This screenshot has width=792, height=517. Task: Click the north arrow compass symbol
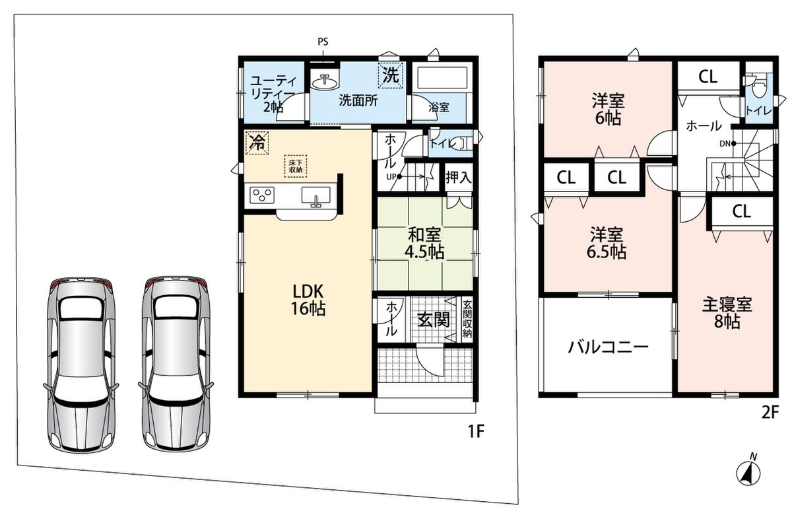(x=748, y=474)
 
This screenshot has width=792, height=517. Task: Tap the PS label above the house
(x=323, y=42)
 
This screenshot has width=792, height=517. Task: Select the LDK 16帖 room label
(x=308, y=300)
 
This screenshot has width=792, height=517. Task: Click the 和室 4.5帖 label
(x=424, y=243)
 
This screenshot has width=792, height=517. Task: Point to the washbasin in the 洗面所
(x=325, y=82)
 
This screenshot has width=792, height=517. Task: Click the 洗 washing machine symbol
(x=391, y=75)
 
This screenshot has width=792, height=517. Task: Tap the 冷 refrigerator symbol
(x=257, y=143)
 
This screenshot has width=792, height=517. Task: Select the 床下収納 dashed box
(x=296, y=166)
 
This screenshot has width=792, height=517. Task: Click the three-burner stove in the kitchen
(x=262, y=195)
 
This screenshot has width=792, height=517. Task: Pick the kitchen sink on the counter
(x=315, y=195)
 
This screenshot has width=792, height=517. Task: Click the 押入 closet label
(x=459, y=178)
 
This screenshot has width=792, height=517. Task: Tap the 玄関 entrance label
(x=434, y=320)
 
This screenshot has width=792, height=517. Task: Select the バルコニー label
(x=608, y=347)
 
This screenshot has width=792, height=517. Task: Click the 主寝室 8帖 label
(x=727, y=313)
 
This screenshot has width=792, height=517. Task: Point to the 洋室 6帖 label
(x=608, y=109)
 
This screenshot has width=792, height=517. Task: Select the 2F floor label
(x=770, y=412)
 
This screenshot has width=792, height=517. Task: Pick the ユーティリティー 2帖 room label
(x=273, y=94)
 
